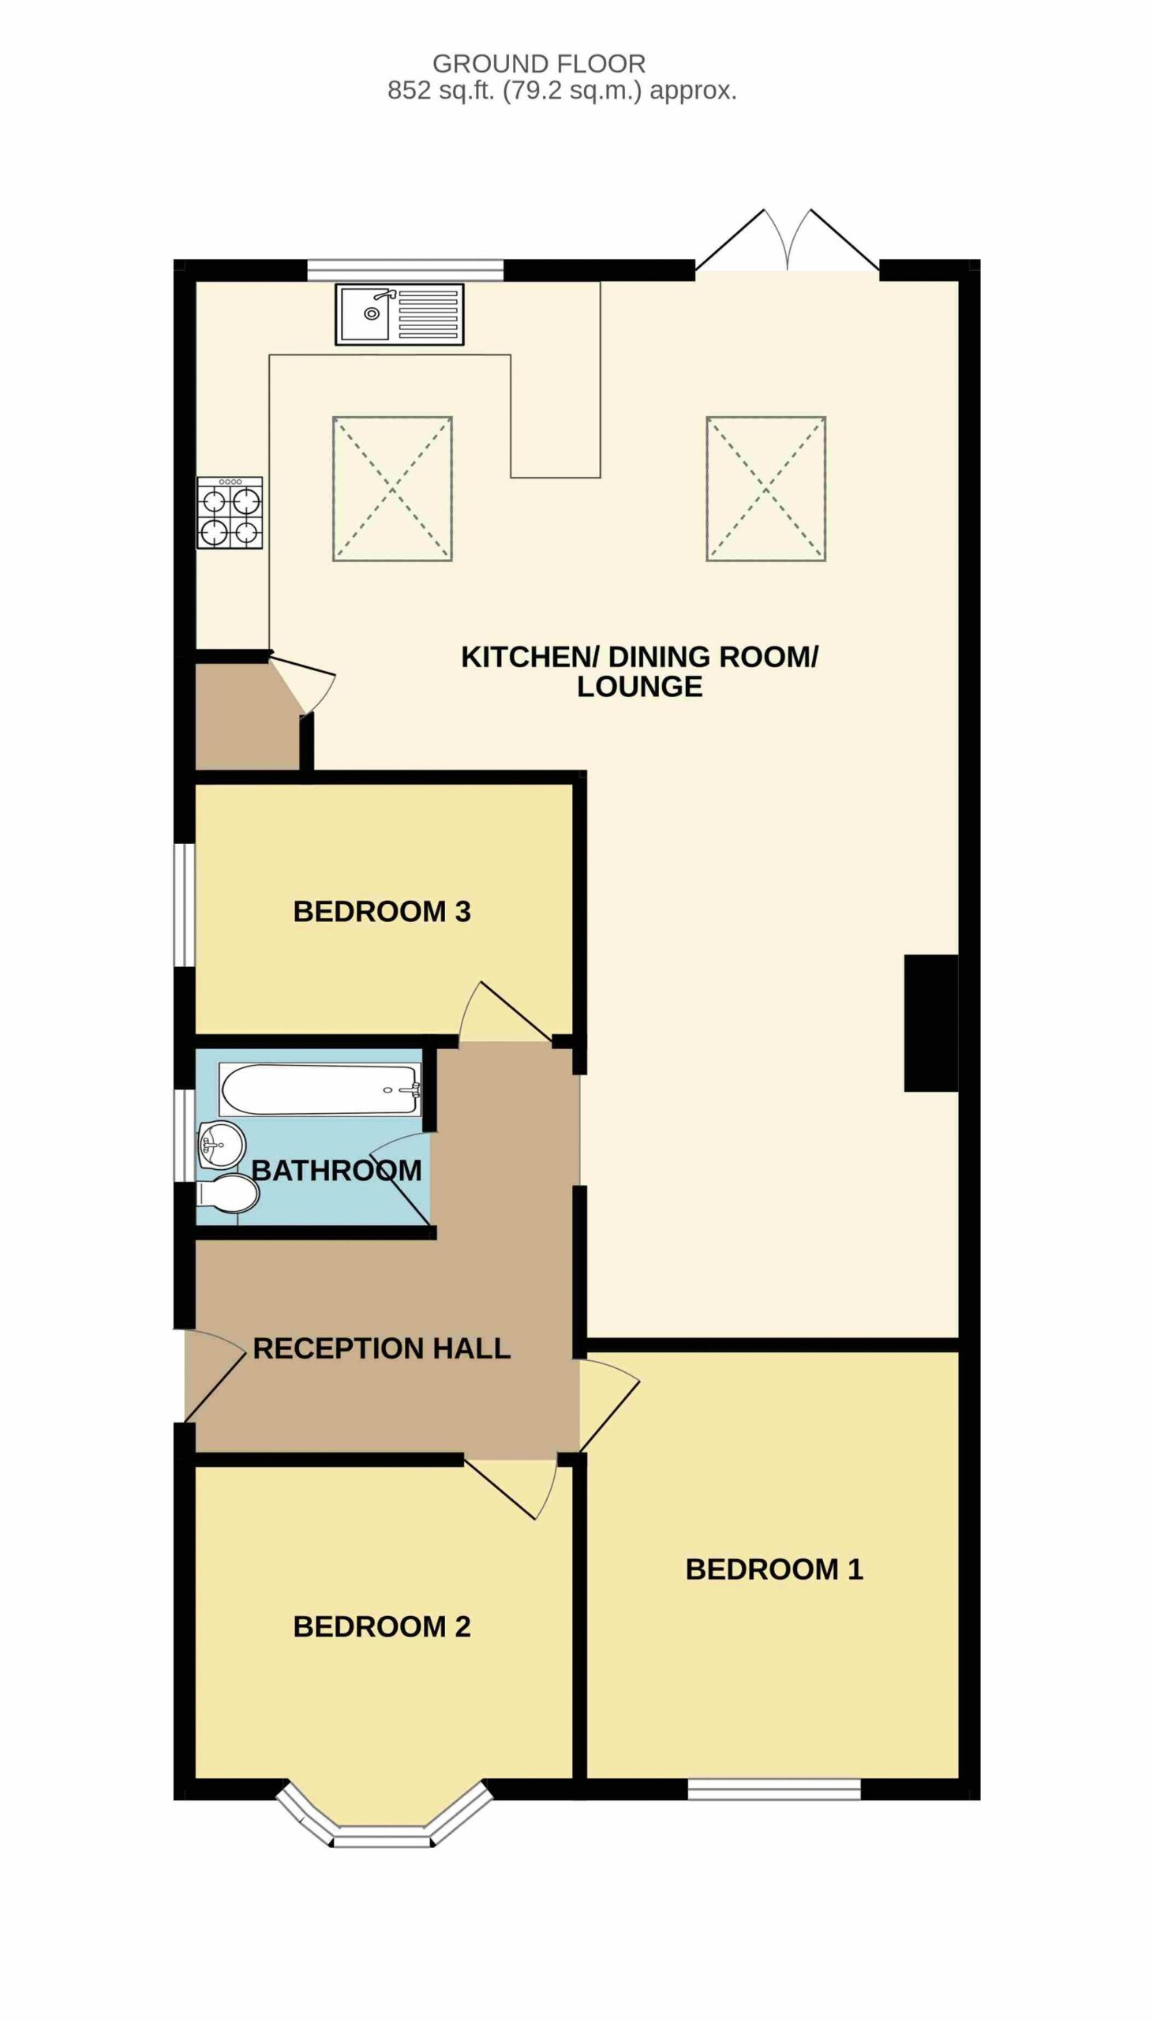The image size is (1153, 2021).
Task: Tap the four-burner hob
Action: (x=230, y=512)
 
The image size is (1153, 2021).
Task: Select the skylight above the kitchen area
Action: (x=392, y=489)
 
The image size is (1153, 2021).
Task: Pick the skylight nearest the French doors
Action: (x=766, y=489)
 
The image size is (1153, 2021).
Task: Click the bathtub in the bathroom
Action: (x=320, y=1089)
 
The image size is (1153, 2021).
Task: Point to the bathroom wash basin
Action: (x=222, y=1145)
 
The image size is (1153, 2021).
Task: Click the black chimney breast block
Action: (x=931, y=1023)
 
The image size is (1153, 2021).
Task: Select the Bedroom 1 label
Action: (x=773, y=1569)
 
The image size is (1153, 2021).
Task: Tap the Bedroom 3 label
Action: (x=382, y=912)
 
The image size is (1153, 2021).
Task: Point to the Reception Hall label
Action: (x=382, y=1348)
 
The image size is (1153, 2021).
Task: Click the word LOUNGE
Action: (x=640, y=687)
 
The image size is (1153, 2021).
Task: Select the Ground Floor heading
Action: (x=539, y=63)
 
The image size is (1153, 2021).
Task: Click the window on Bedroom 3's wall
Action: (x=185, y=906)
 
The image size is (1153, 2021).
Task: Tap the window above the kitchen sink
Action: (x=405, y=270)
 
